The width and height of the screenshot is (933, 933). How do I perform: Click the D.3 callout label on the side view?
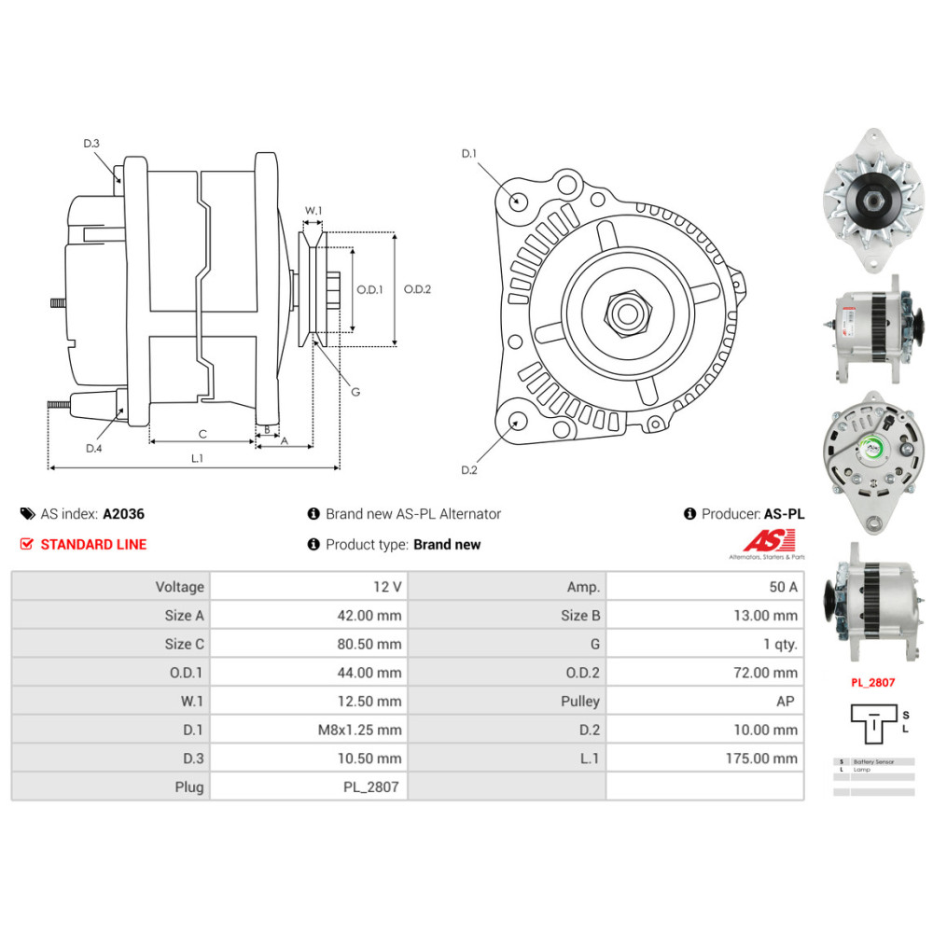pos(91,143)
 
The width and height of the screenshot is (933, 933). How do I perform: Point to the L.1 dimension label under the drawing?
pos(197,458)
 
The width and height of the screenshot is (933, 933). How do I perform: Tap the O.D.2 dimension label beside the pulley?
pos(417,289)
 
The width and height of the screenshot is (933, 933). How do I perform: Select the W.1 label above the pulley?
pos(313,211)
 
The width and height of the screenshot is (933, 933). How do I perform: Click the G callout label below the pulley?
pos(355,392)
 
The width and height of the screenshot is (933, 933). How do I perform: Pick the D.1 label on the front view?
pos(468,153)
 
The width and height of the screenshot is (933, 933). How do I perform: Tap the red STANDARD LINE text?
pos(93,544)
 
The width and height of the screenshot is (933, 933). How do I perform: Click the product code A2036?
pos(123,513)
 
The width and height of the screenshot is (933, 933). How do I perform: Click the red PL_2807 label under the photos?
pos(872,682)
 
